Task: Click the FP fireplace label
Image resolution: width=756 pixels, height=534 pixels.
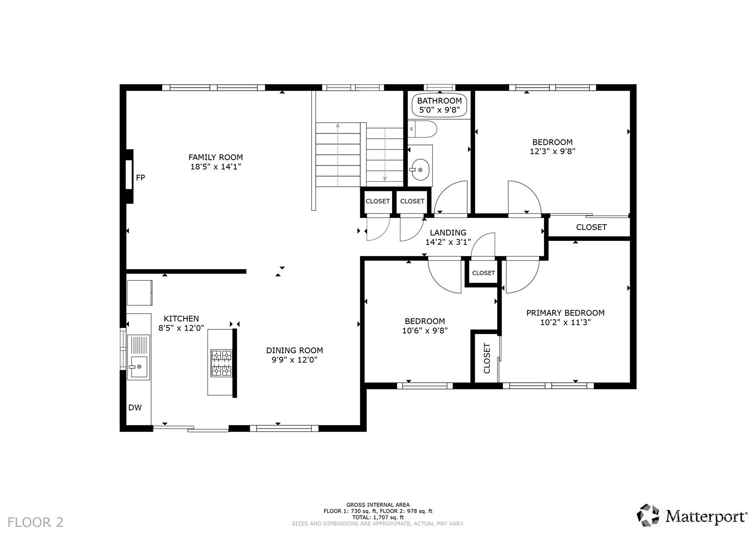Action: [x=140, y=178]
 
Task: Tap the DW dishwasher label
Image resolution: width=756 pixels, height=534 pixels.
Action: [x=135, y=407]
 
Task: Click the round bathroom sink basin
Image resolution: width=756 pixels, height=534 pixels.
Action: [x=420, y=170]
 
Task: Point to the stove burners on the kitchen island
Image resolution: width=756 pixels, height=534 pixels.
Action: [x=221, y=363]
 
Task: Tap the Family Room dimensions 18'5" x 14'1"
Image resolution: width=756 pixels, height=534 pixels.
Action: [x=216, y=167]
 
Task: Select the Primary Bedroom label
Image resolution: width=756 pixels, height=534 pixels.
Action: [x=566, y=313]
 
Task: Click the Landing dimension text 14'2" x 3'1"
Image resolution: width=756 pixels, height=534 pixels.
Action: [x=448, y=242]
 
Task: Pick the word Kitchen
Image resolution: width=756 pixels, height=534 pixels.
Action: [x=181, y=318]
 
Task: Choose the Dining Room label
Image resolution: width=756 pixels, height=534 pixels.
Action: [x=295, y=350]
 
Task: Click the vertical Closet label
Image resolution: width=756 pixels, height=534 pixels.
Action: [x=487, y=358]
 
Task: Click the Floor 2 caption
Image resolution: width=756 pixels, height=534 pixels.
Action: [x=35, y=522]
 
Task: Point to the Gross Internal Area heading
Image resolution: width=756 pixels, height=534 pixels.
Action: [x=378, y=505]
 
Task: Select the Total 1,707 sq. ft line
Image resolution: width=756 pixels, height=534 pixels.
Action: [x=378, y=517]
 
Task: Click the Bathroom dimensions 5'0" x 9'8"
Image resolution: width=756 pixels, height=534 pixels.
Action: [x=439, y=110]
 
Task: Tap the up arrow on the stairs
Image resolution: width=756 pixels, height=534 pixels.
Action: [x=338, y=155]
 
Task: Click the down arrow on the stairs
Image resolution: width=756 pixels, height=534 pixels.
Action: [x=385, y=155]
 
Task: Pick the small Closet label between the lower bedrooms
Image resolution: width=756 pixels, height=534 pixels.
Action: [x=483, y=273]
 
